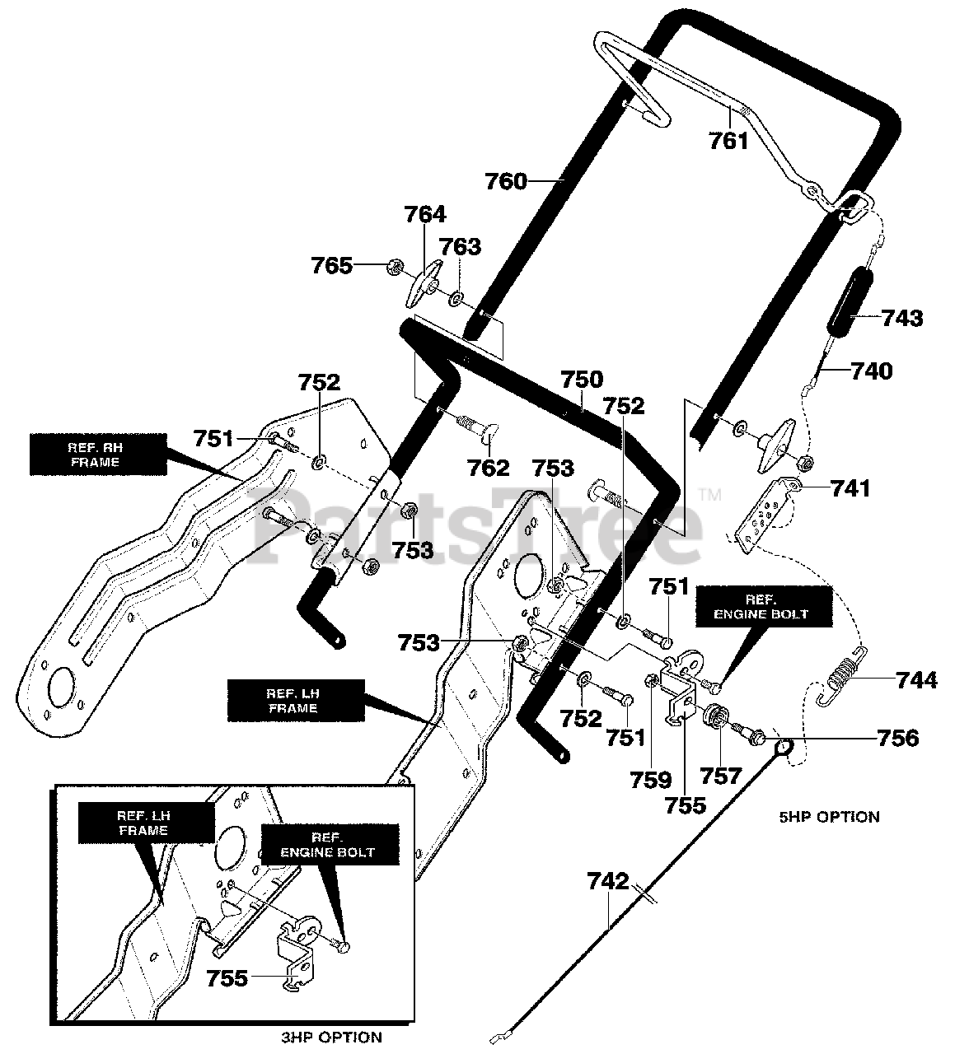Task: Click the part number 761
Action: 729,141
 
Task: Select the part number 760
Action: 506,180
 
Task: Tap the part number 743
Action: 902,318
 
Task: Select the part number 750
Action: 582,380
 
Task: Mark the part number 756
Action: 897,737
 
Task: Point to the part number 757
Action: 722,775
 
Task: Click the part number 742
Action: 609,881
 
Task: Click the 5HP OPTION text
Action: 829,817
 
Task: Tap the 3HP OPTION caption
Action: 330,1037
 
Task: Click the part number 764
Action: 425,215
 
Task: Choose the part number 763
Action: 460,246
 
